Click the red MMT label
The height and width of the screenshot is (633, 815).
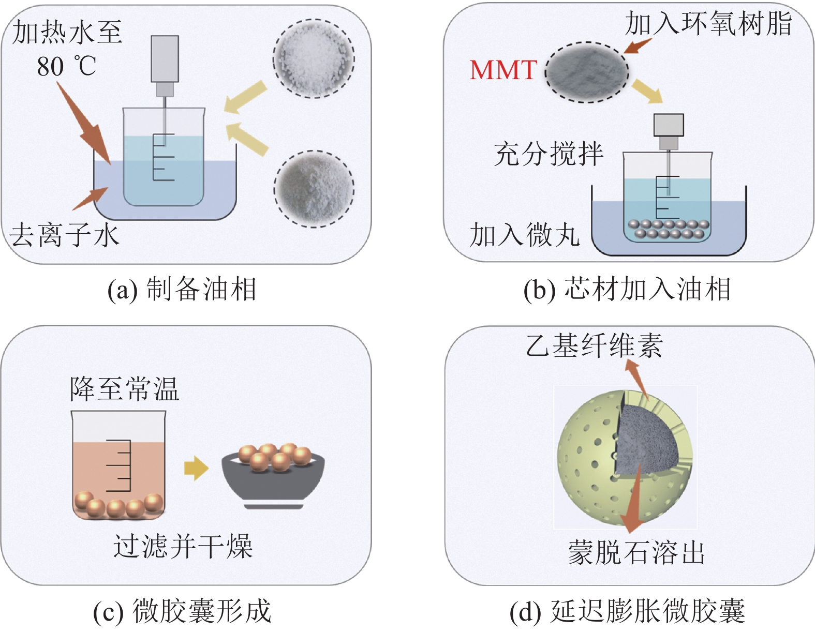point(503,70)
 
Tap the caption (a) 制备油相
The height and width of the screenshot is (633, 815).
point(182,289)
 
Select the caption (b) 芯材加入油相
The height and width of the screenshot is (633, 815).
point(627,289)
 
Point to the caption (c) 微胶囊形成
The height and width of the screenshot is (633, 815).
point(182,611)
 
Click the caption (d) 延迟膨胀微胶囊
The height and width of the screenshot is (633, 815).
point(627,611)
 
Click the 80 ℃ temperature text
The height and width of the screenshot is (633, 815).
point(66,66)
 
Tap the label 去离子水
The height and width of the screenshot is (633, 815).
point(65,235)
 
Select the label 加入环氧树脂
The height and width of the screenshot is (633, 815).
point(708,24)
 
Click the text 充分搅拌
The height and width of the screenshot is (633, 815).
point(549,154)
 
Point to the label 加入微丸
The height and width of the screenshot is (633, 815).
point(524,235)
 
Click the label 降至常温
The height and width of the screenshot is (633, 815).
point(125,389)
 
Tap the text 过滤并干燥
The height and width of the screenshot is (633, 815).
point(183,547)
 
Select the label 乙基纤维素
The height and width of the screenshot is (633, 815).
point(594,345)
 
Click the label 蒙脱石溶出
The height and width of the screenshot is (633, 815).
point(636,553)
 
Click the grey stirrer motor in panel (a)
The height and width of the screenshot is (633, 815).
point(165,59)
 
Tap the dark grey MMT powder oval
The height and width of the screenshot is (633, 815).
point(587,72)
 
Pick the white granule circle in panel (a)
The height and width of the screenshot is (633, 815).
point(314,58)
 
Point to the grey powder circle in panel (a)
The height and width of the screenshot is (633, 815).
point(314,189)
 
